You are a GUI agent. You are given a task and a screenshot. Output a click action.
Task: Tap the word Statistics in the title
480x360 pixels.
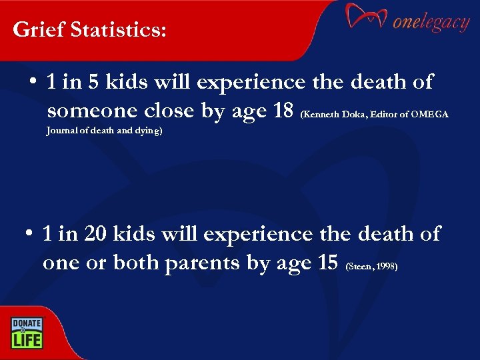click(x=112, y=30)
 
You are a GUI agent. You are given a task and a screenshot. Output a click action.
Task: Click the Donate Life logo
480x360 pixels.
click(x=26, y=332)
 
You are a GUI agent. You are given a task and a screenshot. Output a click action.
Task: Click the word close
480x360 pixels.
click(x=169, y=111)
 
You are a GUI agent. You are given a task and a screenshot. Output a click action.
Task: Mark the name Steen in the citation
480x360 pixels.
click(x=359, y=267)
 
